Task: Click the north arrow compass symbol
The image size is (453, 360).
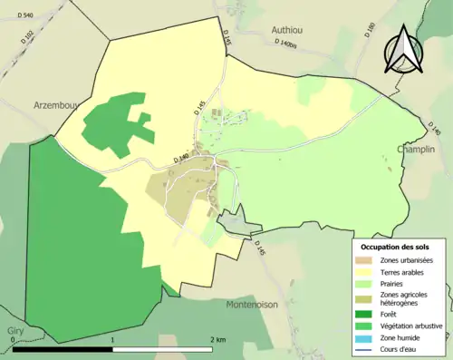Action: (x=404, y=51)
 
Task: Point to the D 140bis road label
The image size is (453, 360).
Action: (x=286, y=44)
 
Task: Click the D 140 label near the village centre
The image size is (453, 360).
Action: (x=182, y=159)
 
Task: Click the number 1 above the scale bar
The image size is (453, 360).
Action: (x=112, y=339)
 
